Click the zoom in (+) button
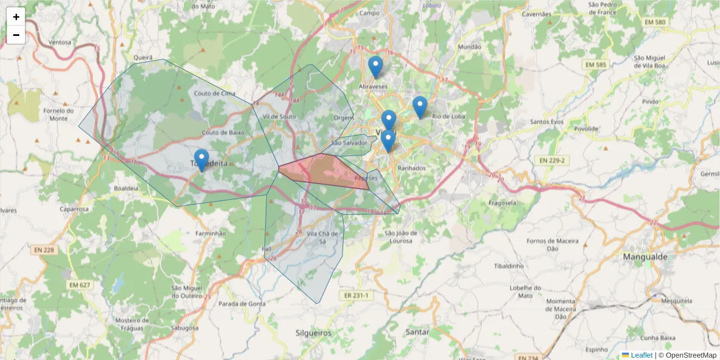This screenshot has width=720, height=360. pos(16,17)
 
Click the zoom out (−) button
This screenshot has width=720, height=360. pos(16,35)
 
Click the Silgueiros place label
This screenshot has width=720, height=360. pos(313,332)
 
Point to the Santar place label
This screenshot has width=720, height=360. pos(417,332)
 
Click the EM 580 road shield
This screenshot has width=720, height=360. pos(655,22)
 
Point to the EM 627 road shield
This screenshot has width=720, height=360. pos(80,285)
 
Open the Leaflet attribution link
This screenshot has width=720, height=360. pos(641,355)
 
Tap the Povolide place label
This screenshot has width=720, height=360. pos(586,128)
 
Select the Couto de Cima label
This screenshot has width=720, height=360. pos(215,93)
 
